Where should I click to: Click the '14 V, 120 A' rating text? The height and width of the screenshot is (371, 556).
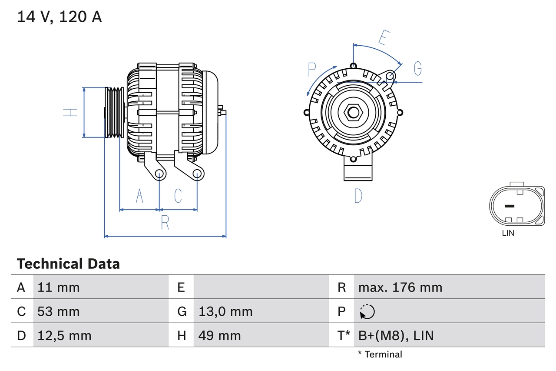click(60, 17)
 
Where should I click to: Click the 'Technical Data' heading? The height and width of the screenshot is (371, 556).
click(68, 264)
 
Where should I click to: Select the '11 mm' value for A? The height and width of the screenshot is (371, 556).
click(59, 287)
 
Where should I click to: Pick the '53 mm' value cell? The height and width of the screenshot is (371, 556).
click(59, 311)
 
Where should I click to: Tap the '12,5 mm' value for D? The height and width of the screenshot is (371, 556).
click(64, 335)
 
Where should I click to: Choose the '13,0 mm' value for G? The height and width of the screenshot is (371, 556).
click(225, 311)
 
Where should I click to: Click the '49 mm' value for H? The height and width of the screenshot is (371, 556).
click(219, 335)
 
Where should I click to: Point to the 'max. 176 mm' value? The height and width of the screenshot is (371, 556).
click(400, 287)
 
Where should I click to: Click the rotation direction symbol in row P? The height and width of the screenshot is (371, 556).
click(367, 311)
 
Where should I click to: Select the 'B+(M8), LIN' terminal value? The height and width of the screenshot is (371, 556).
click(396, 335)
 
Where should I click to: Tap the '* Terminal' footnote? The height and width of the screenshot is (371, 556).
click(380, 354)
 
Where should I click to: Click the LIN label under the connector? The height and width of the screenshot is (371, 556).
click(508, 233)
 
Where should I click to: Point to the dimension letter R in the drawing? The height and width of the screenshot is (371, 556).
click(165, 223)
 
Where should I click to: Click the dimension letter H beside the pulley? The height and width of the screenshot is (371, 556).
click(70, 112)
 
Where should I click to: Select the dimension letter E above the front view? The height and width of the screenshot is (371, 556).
click(383, 38)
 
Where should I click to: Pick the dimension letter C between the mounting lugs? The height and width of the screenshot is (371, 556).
click(178, 196)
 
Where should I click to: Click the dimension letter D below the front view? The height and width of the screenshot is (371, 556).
click(358, 196)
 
